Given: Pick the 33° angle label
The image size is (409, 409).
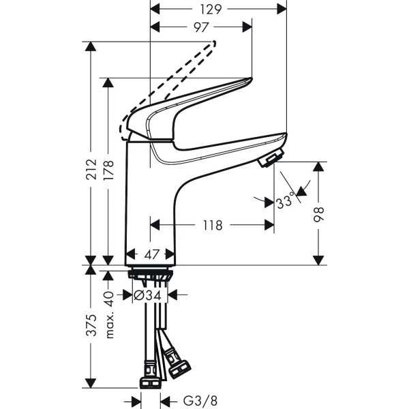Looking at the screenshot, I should coord(285,201).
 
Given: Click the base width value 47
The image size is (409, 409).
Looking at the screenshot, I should coord(151,254).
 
